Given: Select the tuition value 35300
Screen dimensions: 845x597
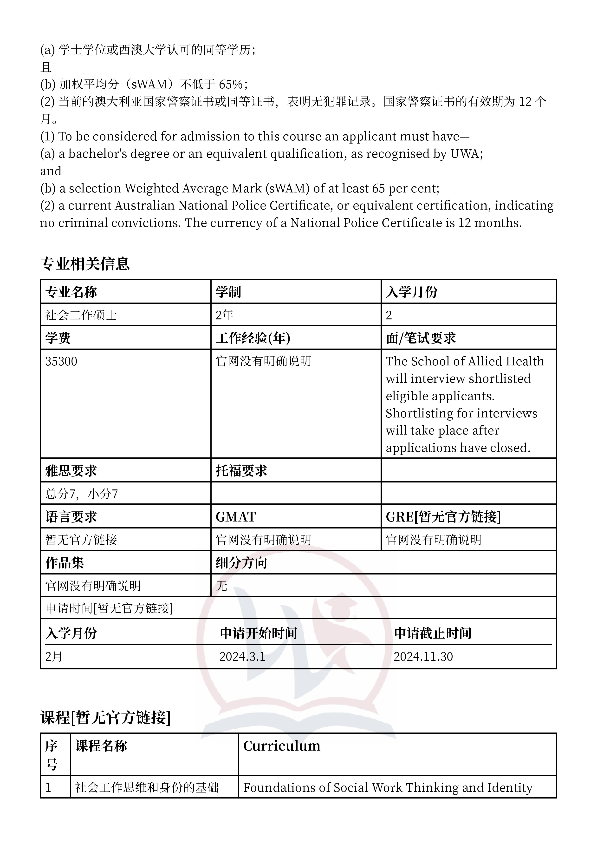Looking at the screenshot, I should coord(61,361).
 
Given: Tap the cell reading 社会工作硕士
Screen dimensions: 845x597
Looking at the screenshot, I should coord(81,315).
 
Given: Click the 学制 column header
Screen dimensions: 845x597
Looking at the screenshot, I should coord(228,292).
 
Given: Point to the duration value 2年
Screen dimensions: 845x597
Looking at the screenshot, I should coord(224,315).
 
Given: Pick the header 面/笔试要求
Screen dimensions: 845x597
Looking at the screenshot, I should coord(421,338).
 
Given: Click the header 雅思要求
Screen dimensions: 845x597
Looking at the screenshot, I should coord(71,471).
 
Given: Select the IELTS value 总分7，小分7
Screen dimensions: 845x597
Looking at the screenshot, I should coord(81,494).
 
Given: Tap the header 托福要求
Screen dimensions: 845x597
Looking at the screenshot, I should coord(241,471).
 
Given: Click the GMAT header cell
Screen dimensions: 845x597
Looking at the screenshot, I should coord(235,517).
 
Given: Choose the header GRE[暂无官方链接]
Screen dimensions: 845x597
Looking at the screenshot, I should coord(443,517).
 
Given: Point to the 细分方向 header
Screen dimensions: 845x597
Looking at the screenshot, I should coord(241,563).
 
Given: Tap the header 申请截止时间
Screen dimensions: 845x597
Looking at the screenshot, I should coord(433,633).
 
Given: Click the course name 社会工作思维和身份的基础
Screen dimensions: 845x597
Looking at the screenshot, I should coord(147,787).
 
